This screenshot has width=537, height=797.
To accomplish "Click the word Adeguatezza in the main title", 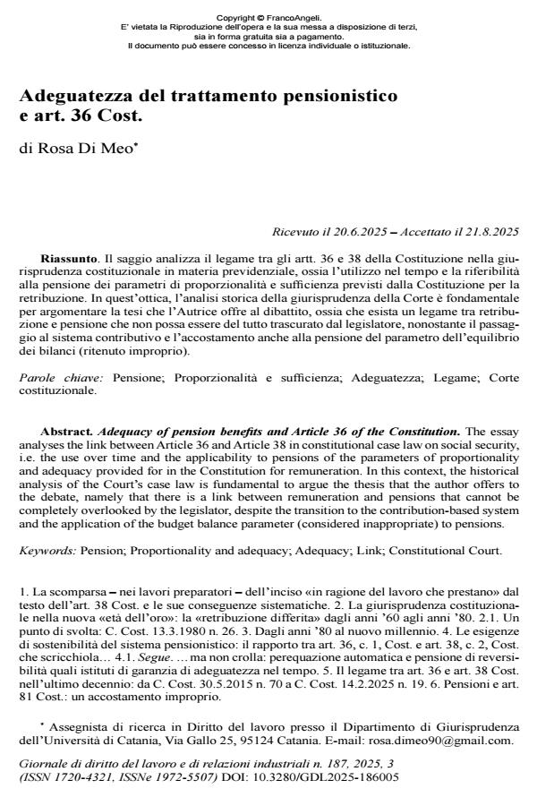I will pyautogui.click(x=81, y=94).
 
